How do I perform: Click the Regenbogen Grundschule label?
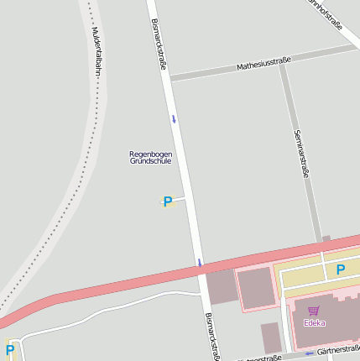(150, 157)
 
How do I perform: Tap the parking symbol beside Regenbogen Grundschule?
(167, 201)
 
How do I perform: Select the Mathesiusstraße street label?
(263, 62)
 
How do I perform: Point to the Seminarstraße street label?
(302, 155)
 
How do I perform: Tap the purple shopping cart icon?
(314, 311)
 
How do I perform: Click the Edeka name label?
(315, 323)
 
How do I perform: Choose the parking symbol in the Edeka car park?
(340, 269)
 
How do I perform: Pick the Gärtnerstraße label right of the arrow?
(340, 349)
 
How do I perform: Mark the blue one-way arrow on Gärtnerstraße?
(309, 353)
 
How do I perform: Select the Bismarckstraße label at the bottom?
(211, 336)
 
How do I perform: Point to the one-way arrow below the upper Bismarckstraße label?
(174, 118)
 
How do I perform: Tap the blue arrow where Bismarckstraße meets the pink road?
(200, 263)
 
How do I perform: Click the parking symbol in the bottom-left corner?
(10, 349)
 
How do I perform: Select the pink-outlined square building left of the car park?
(256, 288)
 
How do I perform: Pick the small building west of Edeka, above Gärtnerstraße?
(270, 337)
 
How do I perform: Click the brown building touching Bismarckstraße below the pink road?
(222, 288)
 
